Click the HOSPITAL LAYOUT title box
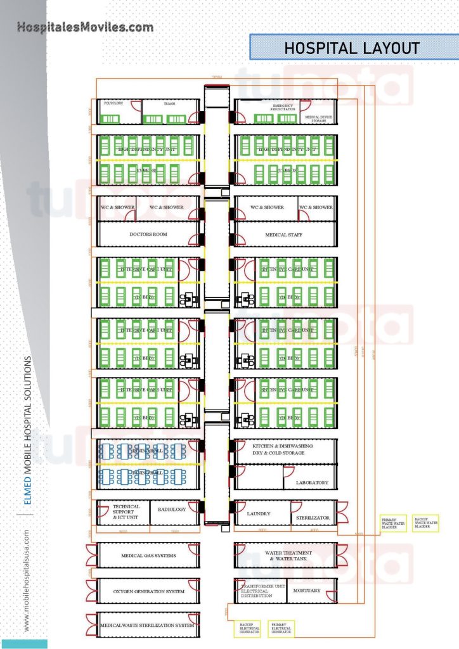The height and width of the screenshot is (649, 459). coord(352,48)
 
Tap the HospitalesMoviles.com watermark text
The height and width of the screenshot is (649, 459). coord(85,27)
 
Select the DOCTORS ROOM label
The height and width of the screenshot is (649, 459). coord(148,235)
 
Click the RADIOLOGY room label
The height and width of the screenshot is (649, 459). coord(172,509)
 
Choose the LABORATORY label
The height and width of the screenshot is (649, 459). coord(313,483)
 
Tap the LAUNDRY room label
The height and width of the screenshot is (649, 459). coord(259,513)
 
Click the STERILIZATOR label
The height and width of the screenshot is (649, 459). coord(313,518)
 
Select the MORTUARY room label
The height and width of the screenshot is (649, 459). coord(307,591)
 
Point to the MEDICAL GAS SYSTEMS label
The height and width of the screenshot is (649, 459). coord(148,556)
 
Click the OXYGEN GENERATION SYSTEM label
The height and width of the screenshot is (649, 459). coord(148,591)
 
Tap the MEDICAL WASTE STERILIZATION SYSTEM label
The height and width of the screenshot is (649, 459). coord(147,626)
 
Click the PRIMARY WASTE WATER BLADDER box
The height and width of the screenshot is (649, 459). coord(393,524)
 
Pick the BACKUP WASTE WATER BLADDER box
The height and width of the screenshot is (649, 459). coord(426,523)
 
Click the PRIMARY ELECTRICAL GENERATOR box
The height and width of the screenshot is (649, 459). coord(281,628)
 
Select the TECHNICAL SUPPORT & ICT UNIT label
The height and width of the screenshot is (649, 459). coord(126,511)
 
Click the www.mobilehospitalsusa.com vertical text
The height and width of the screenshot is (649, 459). coord(26,580)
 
